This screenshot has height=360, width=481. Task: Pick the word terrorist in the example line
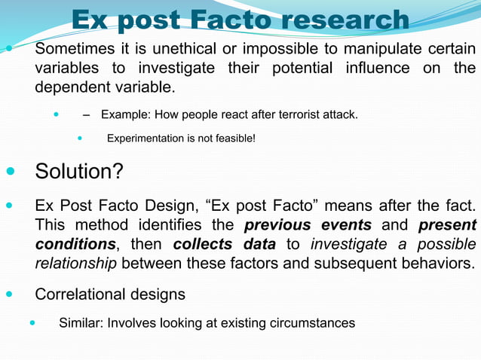[x=281, y=115]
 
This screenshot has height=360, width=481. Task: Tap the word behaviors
[x=427, y=263]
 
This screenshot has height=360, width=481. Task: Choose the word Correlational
[x=85, y=294]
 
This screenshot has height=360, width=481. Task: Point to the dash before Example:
[x=87, y=115]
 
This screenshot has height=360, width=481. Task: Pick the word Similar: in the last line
[x=81, y=323]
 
